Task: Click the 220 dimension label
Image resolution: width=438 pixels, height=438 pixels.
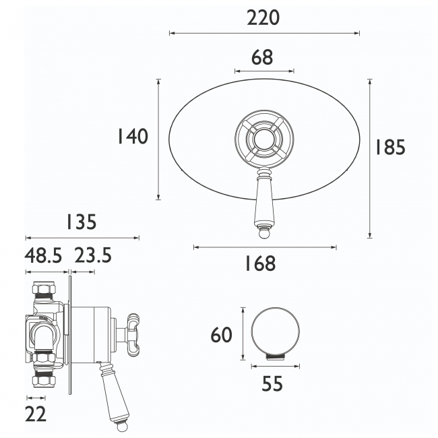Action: coord(263,18)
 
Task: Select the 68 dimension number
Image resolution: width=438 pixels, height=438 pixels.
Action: coord(263,57)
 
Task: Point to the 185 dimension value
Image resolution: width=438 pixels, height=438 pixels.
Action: coord(391,147)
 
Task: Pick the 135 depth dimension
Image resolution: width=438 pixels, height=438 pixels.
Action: coord(81,222)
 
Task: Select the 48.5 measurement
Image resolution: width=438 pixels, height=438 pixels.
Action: coord(43,256)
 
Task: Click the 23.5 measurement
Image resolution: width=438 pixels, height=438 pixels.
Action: coord(92,256)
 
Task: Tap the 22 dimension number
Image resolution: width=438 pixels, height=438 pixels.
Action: coord(36,414)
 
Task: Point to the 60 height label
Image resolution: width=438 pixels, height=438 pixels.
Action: coord(221,334)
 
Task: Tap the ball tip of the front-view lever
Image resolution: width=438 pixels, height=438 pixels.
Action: coord(263,234)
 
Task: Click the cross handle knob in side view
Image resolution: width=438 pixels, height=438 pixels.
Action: coord(132,332)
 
